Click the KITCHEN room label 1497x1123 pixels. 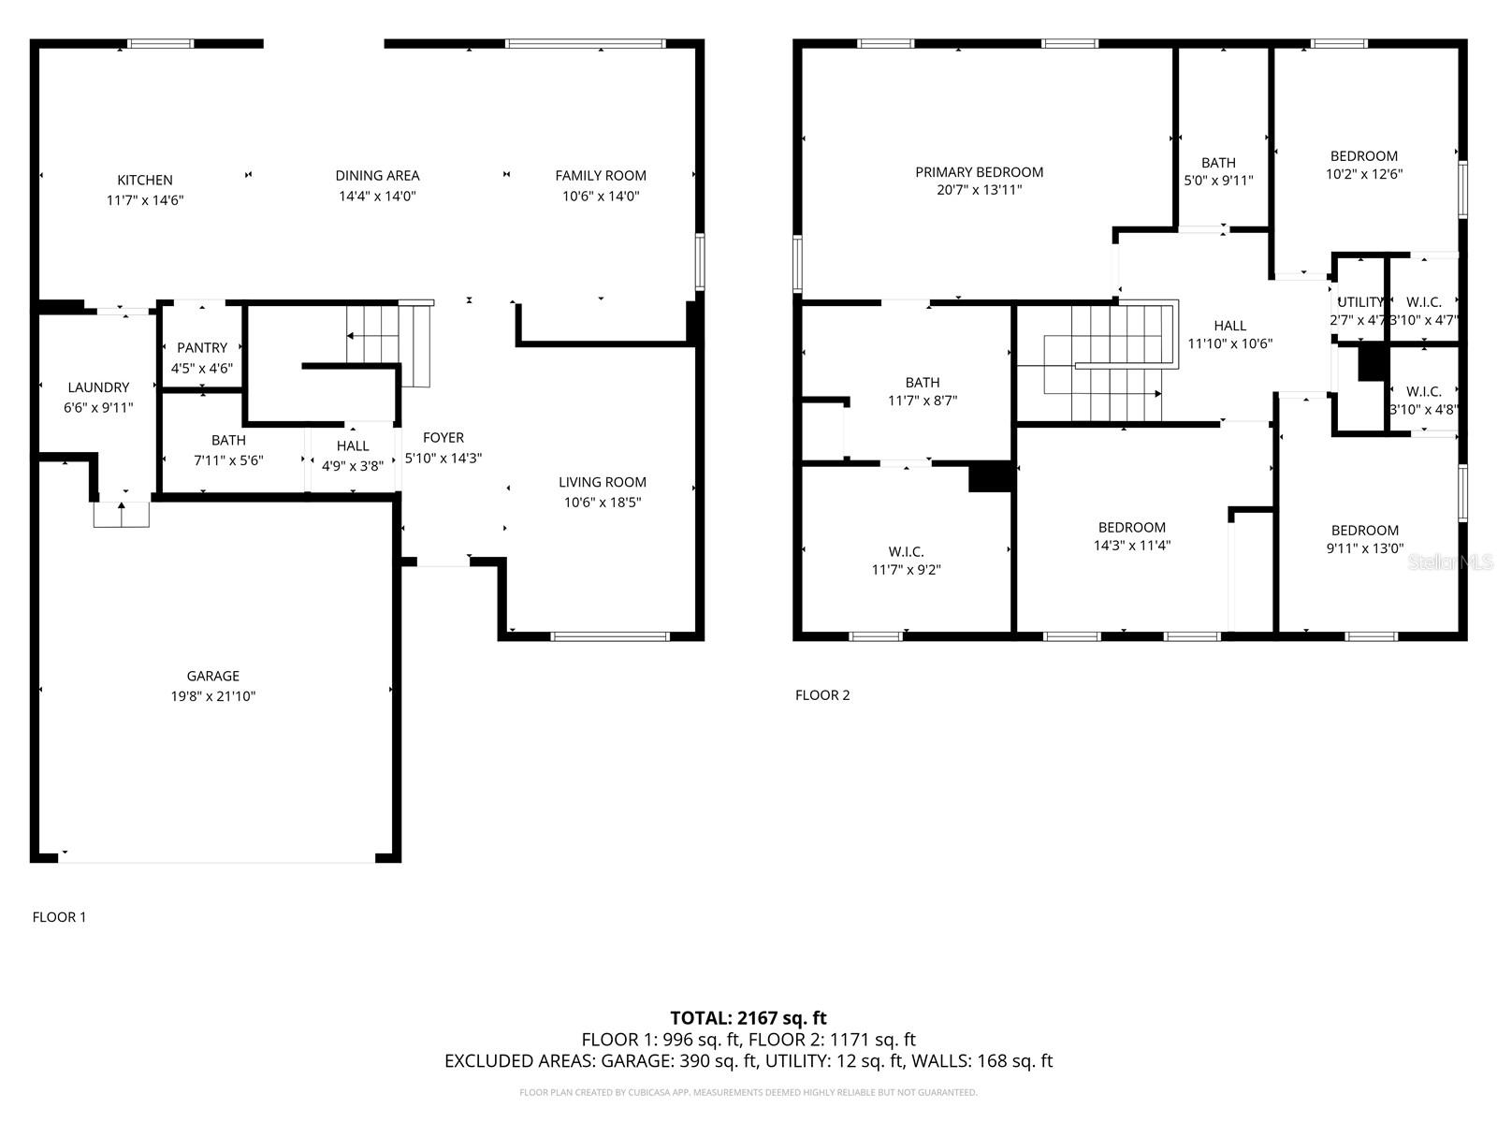145,180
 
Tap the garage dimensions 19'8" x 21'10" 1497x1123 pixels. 213,696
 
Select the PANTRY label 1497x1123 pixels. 202,347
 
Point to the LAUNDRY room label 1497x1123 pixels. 98,387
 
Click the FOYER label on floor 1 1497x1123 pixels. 443,437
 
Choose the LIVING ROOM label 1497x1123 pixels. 603,482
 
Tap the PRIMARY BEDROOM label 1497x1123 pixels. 979,172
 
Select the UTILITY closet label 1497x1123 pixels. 1359,302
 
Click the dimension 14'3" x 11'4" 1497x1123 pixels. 1132,546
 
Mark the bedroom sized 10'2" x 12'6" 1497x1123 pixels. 1364,165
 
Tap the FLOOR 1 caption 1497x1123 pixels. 59,917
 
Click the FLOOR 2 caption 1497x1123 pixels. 822,694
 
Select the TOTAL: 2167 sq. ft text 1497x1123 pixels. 748,1018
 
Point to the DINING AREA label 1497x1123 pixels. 377,175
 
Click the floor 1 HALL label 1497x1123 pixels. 353,445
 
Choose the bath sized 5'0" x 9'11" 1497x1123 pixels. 1218,171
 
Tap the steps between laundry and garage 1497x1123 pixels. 122,514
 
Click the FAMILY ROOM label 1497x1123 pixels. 601,175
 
